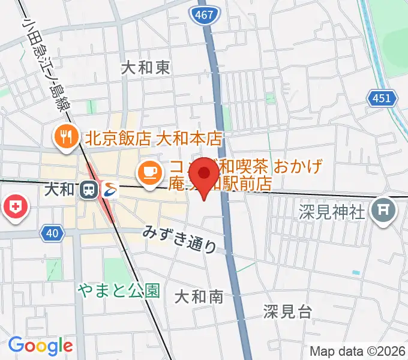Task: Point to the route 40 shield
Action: click(52, 232)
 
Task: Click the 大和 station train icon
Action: click(89, 190)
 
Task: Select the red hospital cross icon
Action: click(16, 208)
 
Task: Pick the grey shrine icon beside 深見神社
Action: click(382, 210)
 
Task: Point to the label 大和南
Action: click(199, 296)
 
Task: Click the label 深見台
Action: click(287, 311)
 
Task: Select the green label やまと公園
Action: click(119, 291)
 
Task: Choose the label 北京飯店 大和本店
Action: click(154, 139)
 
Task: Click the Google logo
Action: click(40, 346)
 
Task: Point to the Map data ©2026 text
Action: click(358, 351)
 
